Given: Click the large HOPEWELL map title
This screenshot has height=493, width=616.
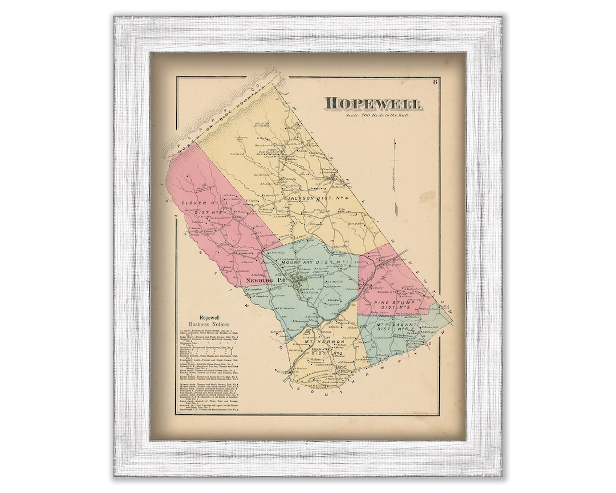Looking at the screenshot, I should coord(374,104).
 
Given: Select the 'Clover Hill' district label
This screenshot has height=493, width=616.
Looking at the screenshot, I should coord(198,203).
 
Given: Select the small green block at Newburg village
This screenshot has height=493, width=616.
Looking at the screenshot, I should coord(305,283).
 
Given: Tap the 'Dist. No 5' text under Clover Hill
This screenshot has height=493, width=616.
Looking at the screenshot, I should coord(209,213).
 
